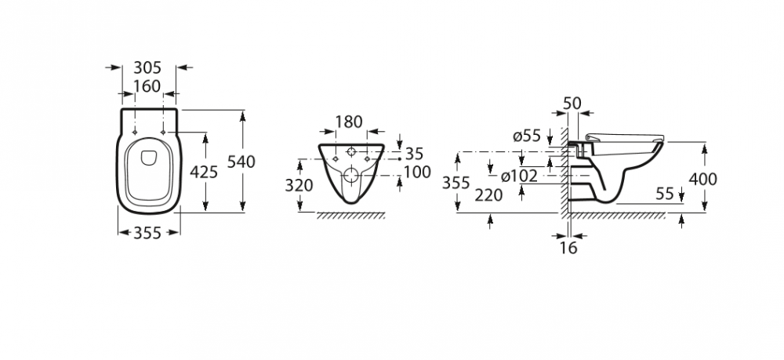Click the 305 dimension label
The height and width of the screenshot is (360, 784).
(148, 67)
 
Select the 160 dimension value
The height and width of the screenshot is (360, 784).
(147, 86)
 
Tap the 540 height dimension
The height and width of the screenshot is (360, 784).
(241, 162)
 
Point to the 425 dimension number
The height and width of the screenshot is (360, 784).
(204, 172)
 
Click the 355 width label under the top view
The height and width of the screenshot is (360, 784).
(147, 233)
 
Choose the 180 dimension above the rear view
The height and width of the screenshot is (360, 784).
(349, 122)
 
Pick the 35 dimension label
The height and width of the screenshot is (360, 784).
(414, 154)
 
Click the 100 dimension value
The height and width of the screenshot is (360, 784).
(417, 172)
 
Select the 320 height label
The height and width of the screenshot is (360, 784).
(299, 186)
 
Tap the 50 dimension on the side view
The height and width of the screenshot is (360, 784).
(572, 104)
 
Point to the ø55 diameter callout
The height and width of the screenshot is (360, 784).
(528, 136)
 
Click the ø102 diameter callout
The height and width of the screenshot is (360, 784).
(519, 176)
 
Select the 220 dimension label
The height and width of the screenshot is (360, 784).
(488, 195)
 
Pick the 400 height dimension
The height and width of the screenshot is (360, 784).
(703, 179)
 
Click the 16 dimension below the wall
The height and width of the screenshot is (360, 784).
(568, 248)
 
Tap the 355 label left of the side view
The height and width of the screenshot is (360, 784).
(456, 183)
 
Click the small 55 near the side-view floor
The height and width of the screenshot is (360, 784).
(665, 194)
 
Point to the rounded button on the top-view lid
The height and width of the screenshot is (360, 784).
(149, 158)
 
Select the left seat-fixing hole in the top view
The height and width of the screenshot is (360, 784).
(136, 133)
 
